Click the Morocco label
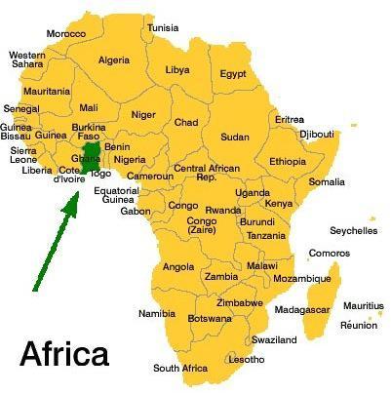[66, 33]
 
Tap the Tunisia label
[163, 27]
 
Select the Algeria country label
[114, 60]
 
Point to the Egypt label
[233, 73]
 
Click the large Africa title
[64, 353]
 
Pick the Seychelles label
[354, 231]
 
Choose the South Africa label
[180, 368]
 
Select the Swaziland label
[274, 340]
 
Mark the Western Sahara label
[26, 60]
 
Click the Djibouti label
[316, 134]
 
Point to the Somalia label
[327, 181]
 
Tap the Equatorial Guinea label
[117, 195]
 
